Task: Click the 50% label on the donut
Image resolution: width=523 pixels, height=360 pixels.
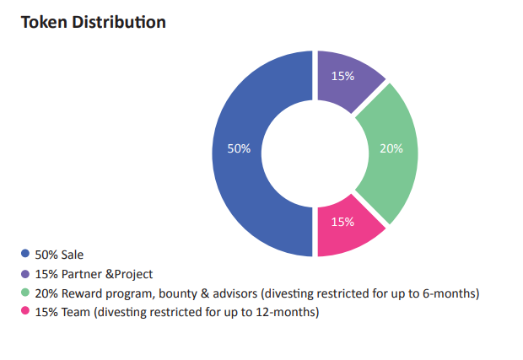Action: pos(240,148)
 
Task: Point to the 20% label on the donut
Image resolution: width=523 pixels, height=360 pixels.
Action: pos(391,148)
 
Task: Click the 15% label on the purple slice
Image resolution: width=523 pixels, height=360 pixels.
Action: pos(342,76)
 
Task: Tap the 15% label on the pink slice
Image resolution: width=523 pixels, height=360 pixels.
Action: pos(342,222)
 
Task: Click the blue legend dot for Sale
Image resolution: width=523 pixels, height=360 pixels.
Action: pos(24,253)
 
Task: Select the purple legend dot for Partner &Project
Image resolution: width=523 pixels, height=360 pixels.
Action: pos(24,273)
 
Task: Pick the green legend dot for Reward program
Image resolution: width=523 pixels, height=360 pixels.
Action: pos(24,293)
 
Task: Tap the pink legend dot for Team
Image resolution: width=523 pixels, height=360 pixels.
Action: pos(24,312)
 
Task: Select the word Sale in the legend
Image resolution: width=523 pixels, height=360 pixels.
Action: pos(73,254)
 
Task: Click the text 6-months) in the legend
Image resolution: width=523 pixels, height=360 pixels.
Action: pos(452,293)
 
